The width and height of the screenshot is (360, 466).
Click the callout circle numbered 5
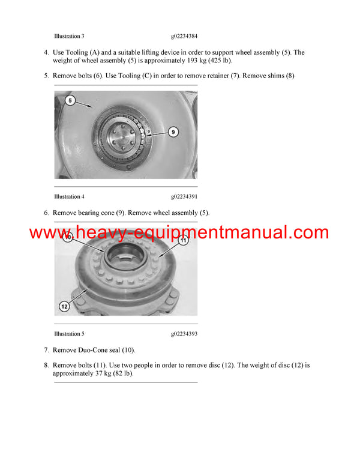click(70, 101)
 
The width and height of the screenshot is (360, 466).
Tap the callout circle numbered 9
click(173, 132)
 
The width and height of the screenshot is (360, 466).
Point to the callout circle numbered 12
click(64, 306)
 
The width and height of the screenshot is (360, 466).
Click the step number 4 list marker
click(46, 53)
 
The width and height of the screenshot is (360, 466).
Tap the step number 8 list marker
click(46, 365)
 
